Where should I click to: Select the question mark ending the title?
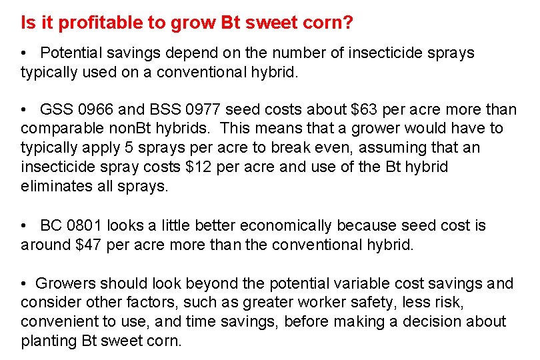(x=349, y=23)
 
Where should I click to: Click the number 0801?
(x=85, y=226)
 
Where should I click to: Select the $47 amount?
(x=89, y=245)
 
